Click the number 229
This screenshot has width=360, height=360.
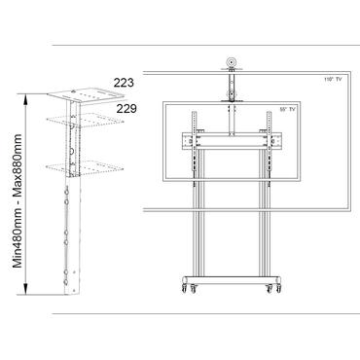coord(126,110)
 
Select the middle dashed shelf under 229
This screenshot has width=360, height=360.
coord(73,124)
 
